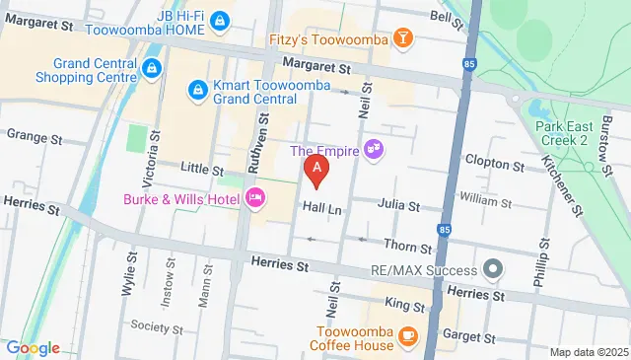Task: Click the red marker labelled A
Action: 316,170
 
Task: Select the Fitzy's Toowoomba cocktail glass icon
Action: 402,38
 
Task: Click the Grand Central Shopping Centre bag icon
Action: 152,68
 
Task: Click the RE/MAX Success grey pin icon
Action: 494,267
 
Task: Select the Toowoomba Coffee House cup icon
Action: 408,338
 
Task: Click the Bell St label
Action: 440,17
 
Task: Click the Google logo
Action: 33,347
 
